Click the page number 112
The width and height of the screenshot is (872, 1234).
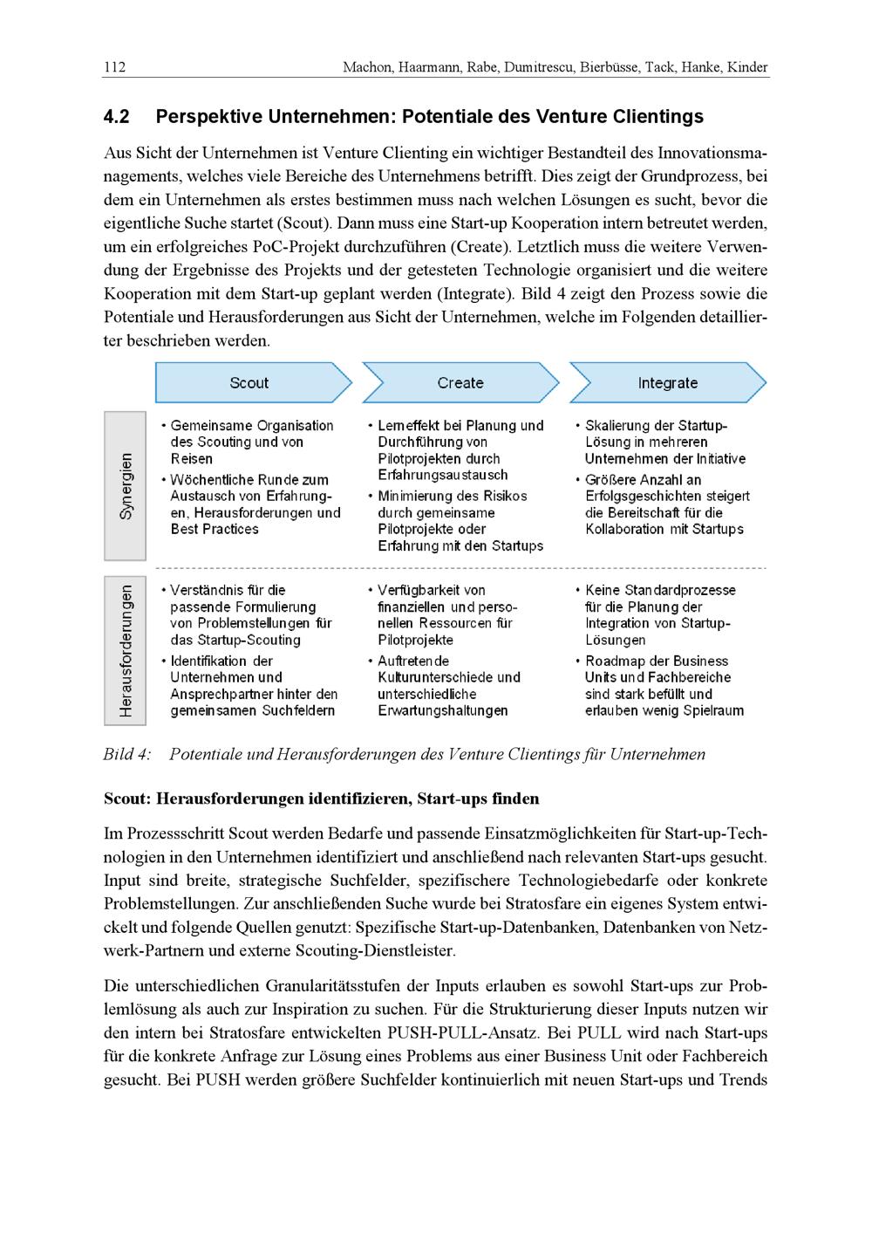tap(114, 67)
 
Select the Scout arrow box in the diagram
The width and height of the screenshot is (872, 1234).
tap(250, 382)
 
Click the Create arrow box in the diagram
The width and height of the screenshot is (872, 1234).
tap(460, 382)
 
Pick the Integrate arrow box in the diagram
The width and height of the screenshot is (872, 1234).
tap(667, 382)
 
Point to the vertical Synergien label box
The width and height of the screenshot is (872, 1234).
tap(126, 486)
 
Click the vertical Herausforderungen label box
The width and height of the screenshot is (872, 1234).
tap(126, 650)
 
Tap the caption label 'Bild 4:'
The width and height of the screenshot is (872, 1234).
tap(127, 755)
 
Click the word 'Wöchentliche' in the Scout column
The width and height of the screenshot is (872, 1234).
tap(209, 480)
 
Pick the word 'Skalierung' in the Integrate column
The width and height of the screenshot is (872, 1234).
tap(619, 426)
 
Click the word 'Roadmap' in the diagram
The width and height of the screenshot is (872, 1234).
tap(615, 662)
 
